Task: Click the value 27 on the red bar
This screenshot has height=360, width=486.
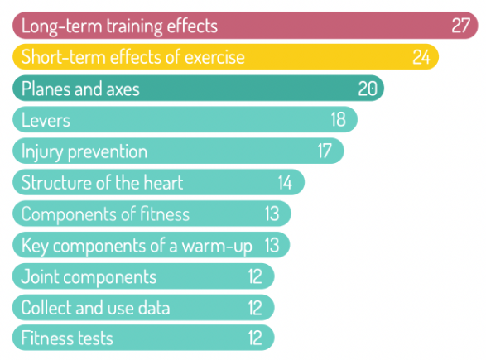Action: point(461,26)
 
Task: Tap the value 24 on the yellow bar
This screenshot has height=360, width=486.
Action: point(422,57)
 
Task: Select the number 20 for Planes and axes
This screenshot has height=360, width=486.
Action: point(367,89)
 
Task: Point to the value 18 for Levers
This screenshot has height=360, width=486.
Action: point(339,120)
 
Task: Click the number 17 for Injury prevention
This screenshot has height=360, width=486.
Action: point(325,151)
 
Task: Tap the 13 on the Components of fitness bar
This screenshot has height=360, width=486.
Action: point(272,214)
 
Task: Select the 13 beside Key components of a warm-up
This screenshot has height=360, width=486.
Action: point(272,246)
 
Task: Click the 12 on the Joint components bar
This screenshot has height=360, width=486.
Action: point(255,276)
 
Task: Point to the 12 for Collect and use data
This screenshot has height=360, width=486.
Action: point(255,308)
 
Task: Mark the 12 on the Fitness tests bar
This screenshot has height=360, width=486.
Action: point(255,338)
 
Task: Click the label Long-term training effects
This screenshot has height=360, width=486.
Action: point(119,26)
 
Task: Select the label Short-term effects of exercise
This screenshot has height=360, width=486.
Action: point(132,57)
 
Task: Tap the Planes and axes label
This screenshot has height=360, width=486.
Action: point(80,89)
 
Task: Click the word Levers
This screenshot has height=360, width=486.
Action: point(46,120)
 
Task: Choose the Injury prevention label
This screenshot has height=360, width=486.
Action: point(84,151)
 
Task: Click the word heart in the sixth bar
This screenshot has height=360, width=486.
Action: point(164,183)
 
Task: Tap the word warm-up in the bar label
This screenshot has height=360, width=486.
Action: point(217,246)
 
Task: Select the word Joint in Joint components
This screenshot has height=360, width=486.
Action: point(38,276)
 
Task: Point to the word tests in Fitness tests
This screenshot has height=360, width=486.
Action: point(93,338)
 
